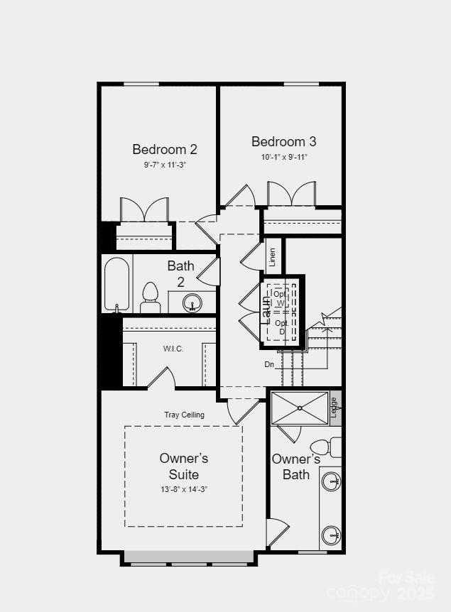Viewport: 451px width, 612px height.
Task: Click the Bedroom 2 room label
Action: [165, 149]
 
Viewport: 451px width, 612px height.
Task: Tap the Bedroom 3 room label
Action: [283, 141]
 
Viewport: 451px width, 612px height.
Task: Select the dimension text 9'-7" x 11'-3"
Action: [165, 165]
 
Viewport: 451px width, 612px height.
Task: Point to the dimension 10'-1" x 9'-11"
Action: [284, 157]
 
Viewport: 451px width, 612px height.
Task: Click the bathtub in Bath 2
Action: [117, 284]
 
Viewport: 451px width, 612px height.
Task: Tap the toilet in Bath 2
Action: [150, 298]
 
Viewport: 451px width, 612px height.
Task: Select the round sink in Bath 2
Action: [192, 303]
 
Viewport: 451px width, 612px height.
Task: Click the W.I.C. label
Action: [173, 349]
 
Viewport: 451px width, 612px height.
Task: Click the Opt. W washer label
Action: [281, 298]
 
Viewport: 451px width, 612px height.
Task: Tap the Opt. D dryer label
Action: [281, 327]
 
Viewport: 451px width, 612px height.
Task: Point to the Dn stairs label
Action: [269, 364]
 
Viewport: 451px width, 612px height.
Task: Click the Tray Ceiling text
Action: [184, 415]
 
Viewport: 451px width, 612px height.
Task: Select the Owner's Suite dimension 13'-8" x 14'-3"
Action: [183, 489]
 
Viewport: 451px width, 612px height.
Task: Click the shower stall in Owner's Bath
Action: [300, 408]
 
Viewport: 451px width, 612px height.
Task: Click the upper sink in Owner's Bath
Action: [331, 482]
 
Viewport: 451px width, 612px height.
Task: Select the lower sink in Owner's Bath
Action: [331, 534]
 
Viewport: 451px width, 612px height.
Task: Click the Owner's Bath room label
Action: [296, 466]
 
